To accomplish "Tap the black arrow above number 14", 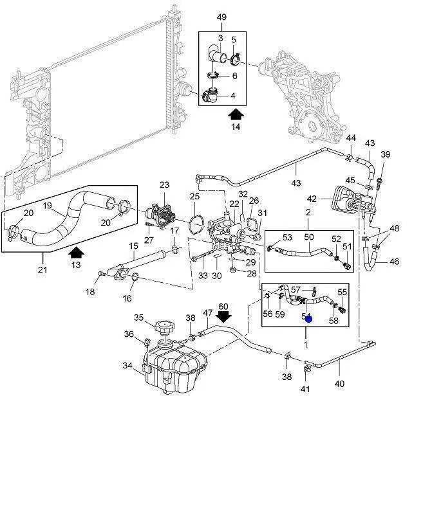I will click(x=236, y=114).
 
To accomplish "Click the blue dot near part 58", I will click(x=308, y=318).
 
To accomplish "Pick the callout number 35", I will click(x=138, y=318).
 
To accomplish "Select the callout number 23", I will click(x=164, y=184).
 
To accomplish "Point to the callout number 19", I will click(x=47, y=206).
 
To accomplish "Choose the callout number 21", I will click(x=42, y=271).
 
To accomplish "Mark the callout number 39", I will click(x=386, y=154).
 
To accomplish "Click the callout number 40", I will click(x=339, y=384).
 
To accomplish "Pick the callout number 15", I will click(x=133, y=246).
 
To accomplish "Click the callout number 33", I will click(x=203, y=276).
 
